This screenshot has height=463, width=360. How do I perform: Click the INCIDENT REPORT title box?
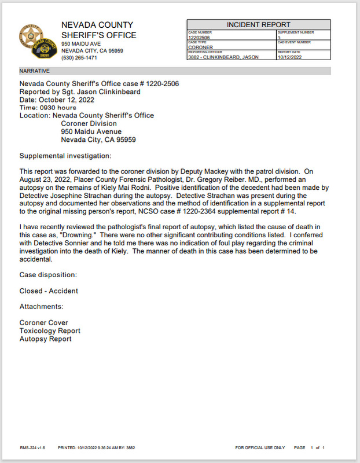click(258, 25)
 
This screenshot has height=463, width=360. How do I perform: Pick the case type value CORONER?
click(201, 47)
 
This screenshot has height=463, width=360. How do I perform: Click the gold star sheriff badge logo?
click(30, 36)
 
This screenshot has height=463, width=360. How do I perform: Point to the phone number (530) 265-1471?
click(79, 58)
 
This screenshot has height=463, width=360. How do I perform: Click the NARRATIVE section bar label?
click(35, 71)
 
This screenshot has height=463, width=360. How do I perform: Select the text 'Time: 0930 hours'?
click(48, 108)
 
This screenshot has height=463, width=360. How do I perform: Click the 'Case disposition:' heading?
click(48, 274)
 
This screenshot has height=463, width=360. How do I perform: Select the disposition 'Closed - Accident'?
click(49, 291)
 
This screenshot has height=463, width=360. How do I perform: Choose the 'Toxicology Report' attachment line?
click(50, 331)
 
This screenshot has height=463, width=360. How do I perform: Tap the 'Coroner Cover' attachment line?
click(43, 323)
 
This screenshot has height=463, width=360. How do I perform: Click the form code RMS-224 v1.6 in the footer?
click(32, 447)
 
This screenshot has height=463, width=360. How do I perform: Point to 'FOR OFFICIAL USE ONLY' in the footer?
click(260, 447)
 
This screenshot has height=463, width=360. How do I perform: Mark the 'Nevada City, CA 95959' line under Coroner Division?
click(98, 140)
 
